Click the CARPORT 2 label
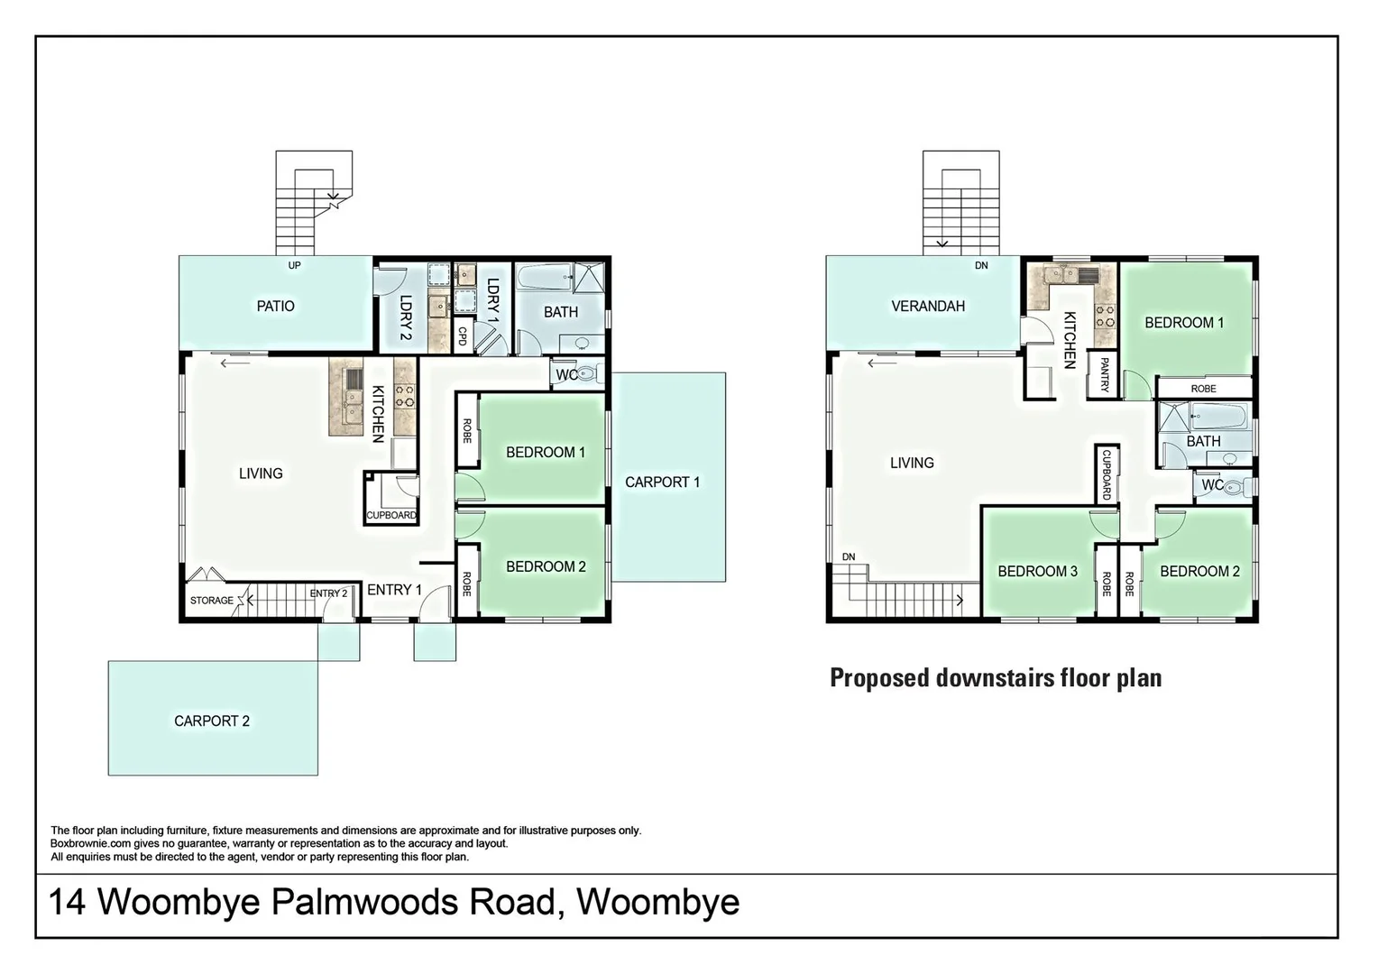coord(212,721)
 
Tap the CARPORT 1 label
coord(662,482)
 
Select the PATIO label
coord(275,306)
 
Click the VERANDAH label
coord(928,306)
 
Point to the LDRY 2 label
coord(405,311)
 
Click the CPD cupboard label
coord(463,335)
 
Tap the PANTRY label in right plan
coord(1104,374)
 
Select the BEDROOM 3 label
coord(1037,571)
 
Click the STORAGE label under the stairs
coord(211,601)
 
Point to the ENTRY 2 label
coord(328,593)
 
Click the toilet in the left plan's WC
coord(588,373)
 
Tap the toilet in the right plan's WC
coord(1236,486)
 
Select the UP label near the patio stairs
coord(294,265)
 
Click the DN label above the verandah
coord(981,265)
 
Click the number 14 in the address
coord(67,902)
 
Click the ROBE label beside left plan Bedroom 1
coord(467,430)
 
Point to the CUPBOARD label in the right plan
coord(1107,474)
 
